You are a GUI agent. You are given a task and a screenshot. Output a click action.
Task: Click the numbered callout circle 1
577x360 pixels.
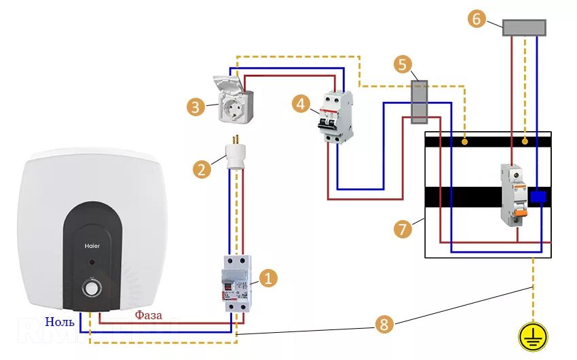pyautogui.click(x=269, y=277)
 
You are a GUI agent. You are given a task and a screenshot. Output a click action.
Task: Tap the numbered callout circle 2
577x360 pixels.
pyautogui.click(x=201, y=169)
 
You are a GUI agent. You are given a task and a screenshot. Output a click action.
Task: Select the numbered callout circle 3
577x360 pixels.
pyautogui.click(x=195, y=107)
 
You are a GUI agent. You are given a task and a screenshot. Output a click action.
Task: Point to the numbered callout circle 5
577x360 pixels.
pyautogui.click(x=403, y=65)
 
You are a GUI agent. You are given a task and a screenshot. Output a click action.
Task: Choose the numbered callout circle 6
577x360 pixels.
pyautogui.click(x=477, y=19)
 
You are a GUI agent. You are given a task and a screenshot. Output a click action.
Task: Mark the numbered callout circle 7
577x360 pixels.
pyautogui.click(x=403, y=229)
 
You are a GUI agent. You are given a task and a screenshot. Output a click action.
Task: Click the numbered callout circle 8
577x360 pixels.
pyautogui.click(x=384, y=325)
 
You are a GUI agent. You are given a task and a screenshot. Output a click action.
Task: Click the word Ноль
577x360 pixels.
pyautogui.click(x=60, y=321)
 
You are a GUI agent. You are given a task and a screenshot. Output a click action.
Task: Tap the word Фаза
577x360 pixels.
pyautogui.click(x=148, y=315)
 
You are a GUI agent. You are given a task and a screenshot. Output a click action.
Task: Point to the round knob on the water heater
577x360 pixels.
pyautogui.click(x=92, y=288)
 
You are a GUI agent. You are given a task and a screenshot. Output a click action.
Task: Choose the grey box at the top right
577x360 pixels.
pyautogui.click(x=524, y=28)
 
